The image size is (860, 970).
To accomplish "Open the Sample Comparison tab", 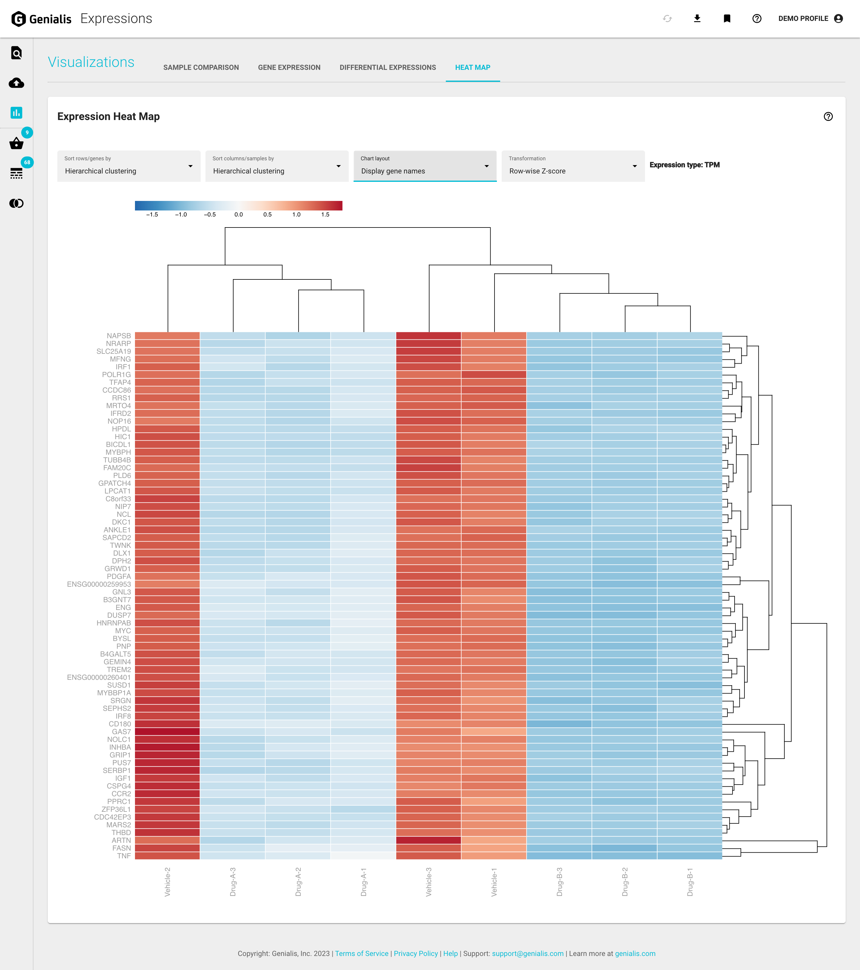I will pos(201,67).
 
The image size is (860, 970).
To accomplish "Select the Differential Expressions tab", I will pos(387,67).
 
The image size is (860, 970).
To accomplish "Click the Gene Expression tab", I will pos(289,67).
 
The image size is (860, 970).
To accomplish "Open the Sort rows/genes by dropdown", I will pos(129,166).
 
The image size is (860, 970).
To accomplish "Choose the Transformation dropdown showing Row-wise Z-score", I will pos(572,166).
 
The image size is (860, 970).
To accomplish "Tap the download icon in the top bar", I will pos(697,19).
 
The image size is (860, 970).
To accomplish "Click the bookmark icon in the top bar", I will pos(727,19).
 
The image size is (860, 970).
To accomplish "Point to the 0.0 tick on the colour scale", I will pos(238,214).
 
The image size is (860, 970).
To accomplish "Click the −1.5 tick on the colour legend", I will pos(152,214).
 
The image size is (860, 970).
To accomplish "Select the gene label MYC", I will pos(123,631).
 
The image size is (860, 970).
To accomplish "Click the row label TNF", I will pos(124,856).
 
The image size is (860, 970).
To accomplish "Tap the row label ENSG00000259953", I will pos(99,584).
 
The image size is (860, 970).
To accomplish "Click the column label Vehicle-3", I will pos(429,882).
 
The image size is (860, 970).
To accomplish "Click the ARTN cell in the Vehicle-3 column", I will pos(428,840).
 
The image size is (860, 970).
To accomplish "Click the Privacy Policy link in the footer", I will pos(415,953).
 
